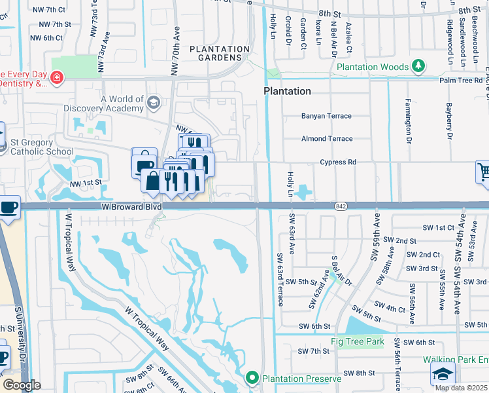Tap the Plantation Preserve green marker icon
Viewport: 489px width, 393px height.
252,378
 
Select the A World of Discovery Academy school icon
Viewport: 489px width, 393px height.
153,102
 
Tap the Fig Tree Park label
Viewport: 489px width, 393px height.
357,341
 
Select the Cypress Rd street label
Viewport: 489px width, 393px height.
337,162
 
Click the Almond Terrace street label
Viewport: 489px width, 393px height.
327,139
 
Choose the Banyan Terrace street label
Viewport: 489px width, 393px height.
326,116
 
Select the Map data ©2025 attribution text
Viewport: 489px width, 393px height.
461,388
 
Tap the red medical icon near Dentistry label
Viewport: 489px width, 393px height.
57,78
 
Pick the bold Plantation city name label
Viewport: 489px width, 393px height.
287,91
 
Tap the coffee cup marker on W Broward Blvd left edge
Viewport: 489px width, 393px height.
8,208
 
